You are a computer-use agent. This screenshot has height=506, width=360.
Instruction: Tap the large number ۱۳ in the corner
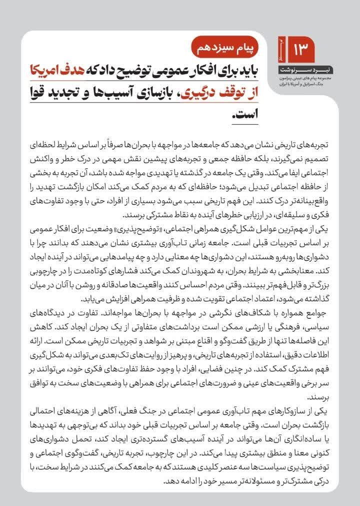tap(301, 49)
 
